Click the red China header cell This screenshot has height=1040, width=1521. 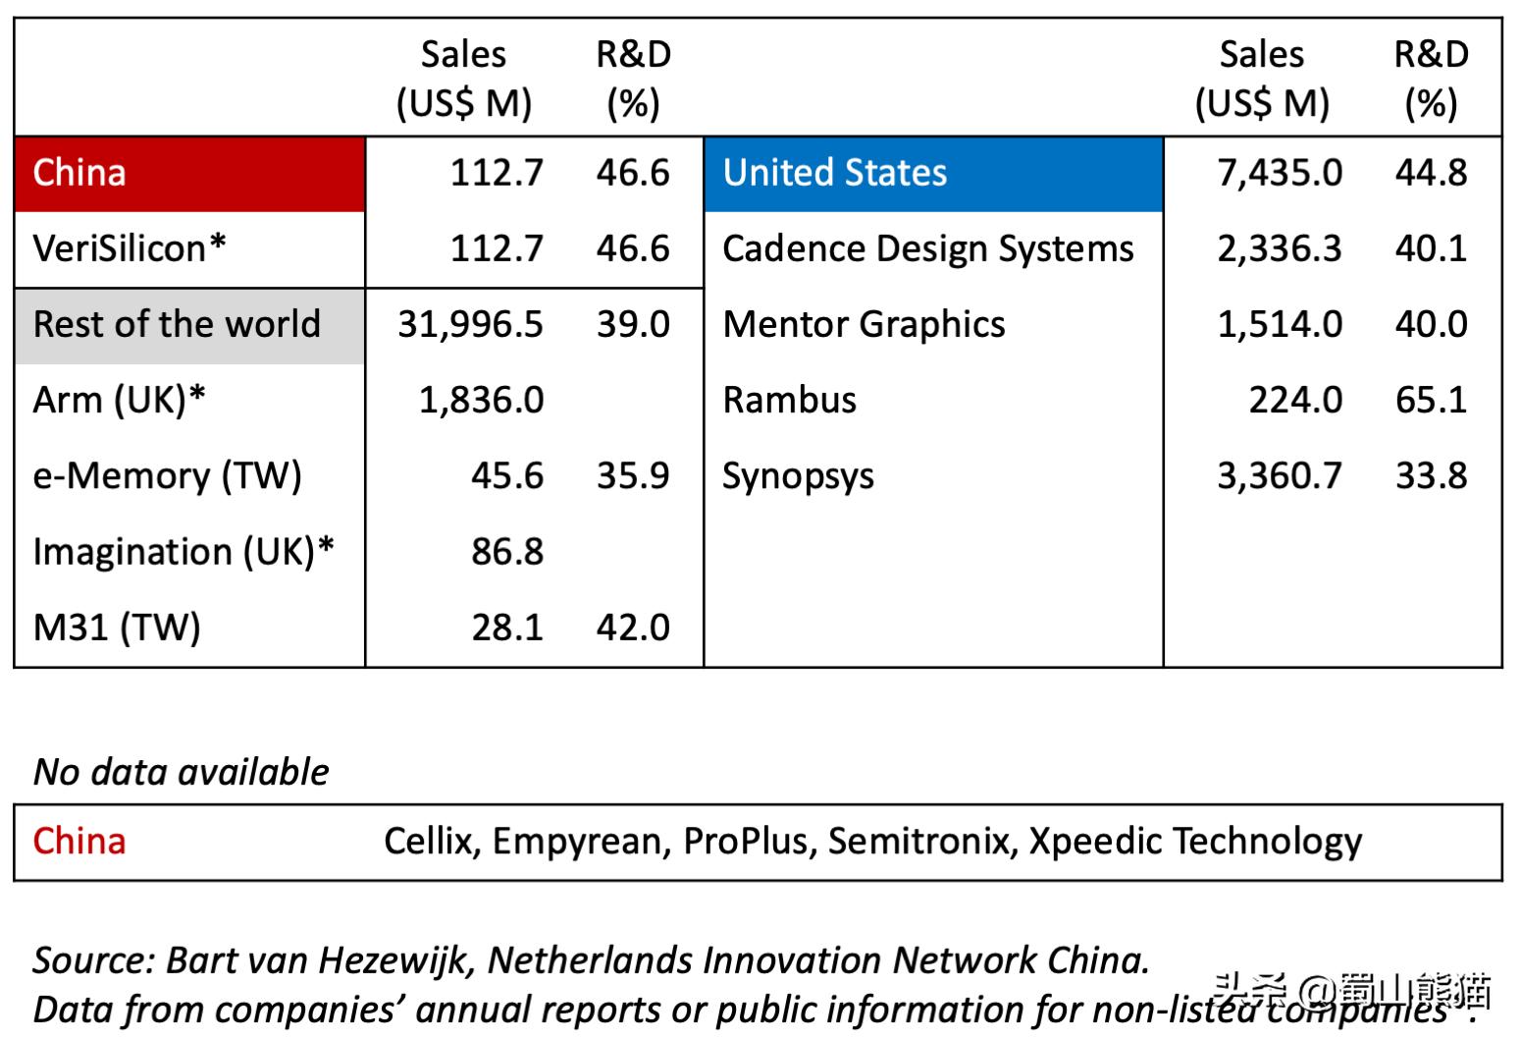(189, 174)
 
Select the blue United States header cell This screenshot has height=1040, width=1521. (932, 174)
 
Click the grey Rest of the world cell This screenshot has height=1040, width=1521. (189, 324)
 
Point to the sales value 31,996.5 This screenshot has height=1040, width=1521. (470, 324)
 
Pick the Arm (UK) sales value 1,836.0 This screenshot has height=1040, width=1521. (481, 400)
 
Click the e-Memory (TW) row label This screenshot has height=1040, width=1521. (167, 475)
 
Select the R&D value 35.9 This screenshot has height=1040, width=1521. (633, 475)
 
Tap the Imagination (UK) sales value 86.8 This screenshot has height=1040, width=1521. (506, 551)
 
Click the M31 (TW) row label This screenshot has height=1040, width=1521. (117, 627)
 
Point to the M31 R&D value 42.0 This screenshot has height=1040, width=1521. (633, 627)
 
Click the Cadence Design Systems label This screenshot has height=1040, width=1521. (927, 248)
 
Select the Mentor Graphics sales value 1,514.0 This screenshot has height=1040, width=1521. (1280, 324)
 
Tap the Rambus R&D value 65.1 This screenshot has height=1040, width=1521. (1431, 400)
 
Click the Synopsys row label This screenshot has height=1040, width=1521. (798, 476)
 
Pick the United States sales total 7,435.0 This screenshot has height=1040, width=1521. (1280, 173)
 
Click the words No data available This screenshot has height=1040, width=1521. (182, 772)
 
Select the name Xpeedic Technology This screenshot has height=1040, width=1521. (1195, 842)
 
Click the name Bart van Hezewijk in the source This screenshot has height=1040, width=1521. (322, 959)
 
